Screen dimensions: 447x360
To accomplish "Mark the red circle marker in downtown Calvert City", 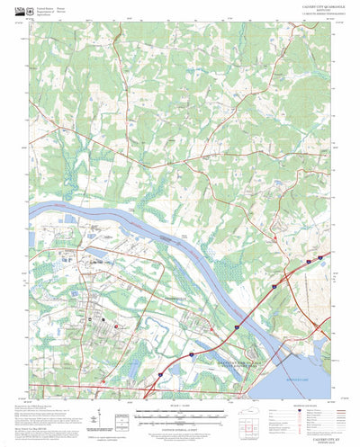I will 116,326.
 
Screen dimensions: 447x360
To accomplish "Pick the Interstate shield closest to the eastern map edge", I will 308,259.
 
